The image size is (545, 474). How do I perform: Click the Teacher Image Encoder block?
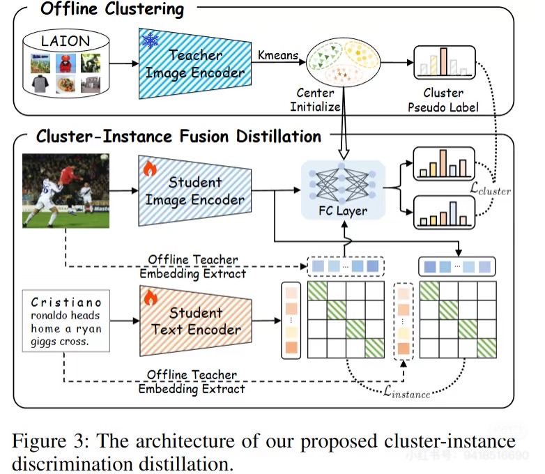tap(196, 63)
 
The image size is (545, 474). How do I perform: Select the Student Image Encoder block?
tap(196, 191)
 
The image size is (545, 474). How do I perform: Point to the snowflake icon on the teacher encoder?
tap(150, 40)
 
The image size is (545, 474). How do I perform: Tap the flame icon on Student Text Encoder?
tap(150, 298)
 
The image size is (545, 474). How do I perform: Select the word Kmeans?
tap(277, 53)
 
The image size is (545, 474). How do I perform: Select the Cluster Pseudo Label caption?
tap(443, 100)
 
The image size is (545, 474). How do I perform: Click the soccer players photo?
tap(67, 190)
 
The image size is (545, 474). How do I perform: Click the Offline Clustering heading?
tap(112, 10)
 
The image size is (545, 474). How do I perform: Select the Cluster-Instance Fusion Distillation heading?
tap(178, 135)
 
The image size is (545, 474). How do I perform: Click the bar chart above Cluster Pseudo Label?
tap(444, 62)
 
